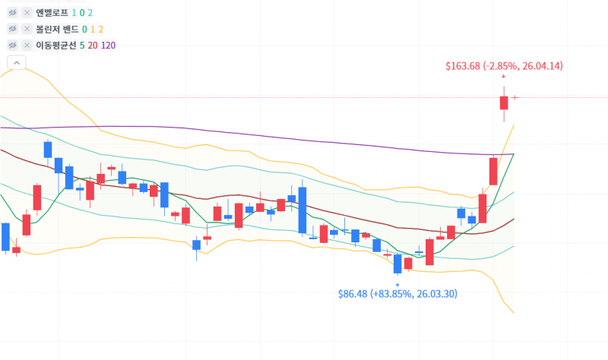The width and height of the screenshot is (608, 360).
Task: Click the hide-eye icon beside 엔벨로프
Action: [x=12, y=13]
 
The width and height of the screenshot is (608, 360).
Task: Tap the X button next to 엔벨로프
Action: [x=27, y=13]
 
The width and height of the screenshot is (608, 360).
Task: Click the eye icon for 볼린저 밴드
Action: [x=12, y=29]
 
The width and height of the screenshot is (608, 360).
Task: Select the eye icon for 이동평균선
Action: [x=12, y=46]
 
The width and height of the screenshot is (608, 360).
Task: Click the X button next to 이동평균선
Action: [x=27, y=46]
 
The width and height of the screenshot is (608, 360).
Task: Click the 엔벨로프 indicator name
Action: [x=52, y=13]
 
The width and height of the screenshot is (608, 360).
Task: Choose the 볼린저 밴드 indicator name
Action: [x=58, y=29]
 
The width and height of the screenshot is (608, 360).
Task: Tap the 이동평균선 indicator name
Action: [x=56, y=46]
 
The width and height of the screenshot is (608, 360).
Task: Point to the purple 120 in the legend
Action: [x=108, y=46]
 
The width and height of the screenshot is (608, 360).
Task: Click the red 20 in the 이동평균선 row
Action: [x=93, y=46]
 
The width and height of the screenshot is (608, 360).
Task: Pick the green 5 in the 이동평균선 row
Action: [x=82, y=46]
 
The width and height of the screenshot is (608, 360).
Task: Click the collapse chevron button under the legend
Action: [x=17, y=62]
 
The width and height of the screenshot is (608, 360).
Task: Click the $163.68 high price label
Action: [x=504, y=66]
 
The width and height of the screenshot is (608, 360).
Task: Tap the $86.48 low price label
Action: [x=397, y=294]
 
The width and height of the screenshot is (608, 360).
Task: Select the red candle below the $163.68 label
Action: [x=504, y=103]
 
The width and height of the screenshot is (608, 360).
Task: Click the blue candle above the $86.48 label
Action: [x=397, y=264]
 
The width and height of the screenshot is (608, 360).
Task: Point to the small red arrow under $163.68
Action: [x=504, y=77]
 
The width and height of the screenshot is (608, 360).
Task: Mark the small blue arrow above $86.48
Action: [x=397, y=285]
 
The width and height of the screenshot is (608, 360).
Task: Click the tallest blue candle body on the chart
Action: [x=302, y=210]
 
